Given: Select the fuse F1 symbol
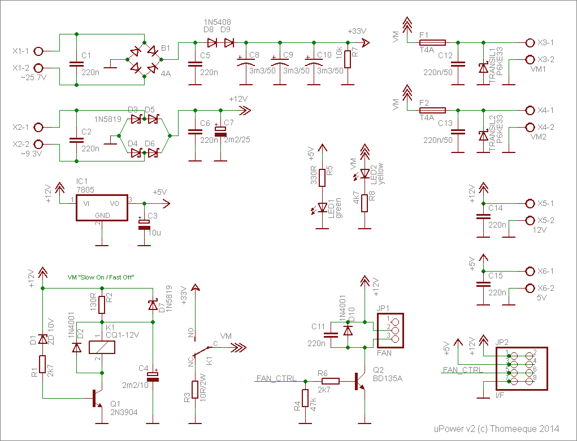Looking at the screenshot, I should tap(432, 42).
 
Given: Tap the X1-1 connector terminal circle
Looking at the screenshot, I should tap(38, 51).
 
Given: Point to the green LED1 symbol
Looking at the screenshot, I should tap(323, 208).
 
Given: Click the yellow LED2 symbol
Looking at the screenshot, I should tap(365, 173).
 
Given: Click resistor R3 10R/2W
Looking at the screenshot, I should tap(195, 390).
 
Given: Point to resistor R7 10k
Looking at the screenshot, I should tap(348, 60).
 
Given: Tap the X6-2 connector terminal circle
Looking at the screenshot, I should tap(530, 288).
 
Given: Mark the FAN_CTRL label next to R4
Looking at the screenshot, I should tap(277, 378).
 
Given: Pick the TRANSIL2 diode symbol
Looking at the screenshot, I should tap(482, 136).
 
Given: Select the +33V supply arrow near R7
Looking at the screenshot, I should tap(366, 42).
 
